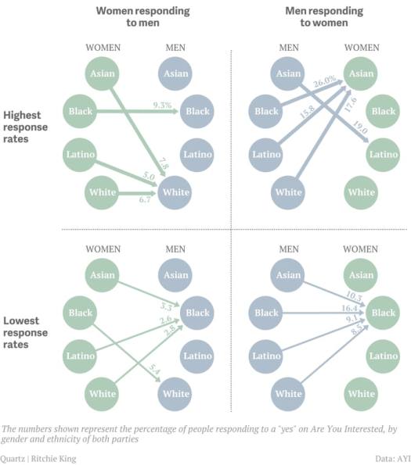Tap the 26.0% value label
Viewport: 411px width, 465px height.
pyautogui.click(x=324, y=79)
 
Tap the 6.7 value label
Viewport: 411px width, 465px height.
pyautogui.click(x=145, y=200)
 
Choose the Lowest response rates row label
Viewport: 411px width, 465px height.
pyautogui.click(x=27, y=328)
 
